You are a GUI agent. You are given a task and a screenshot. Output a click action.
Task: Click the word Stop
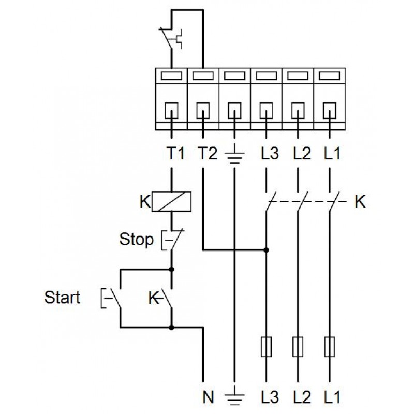[x=137, y=240]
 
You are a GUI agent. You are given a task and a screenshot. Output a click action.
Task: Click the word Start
[x=62, y=298]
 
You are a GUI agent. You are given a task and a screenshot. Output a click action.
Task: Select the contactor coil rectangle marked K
[x=172, y=201]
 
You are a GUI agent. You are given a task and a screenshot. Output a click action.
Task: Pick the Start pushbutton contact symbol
[x=114, y=298]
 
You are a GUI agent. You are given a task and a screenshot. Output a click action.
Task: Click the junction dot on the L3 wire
[x=266, y=250]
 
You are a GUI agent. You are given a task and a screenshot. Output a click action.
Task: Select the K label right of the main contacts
[x=360, y=201]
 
